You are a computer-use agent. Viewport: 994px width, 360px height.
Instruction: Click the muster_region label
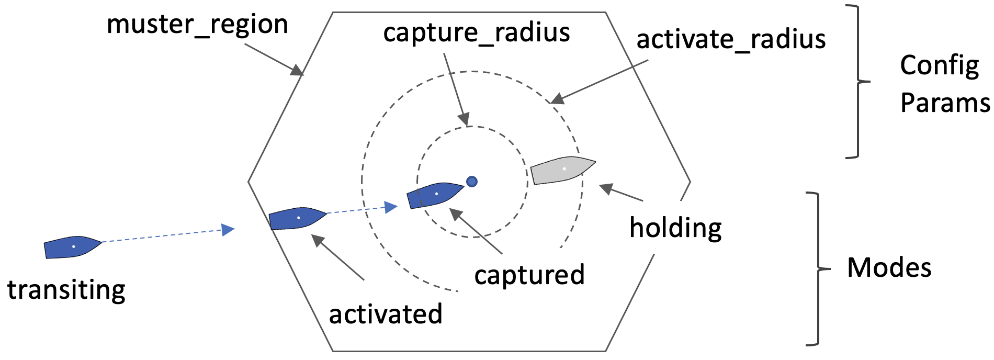pos(197,25)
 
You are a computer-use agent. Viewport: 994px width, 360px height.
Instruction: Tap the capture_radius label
pos(476,33)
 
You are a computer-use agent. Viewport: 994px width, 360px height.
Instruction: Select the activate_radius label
pos(731,40)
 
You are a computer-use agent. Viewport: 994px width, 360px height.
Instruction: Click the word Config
pos(939,66)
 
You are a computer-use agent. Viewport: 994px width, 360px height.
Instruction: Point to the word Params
pos(945,103)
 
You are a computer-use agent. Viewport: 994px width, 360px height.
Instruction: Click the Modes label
pos(889,267)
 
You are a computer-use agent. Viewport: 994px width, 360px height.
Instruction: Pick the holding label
pos(675,228)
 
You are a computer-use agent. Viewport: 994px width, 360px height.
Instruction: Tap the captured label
pos(529,275)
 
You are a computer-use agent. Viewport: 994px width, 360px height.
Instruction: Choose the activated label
pos(386,314)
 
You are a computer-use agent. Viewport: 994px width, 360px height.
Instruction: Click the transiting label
pos(66,290)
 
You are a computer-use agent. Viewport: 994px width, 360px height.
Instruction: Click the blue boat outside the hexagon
pos(72,246)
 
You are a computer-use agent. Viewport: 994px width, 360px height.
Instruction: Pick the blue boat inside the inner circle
pos(435,195)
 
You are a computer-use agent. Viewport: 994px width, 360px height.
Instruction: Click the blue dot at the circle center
pos(471,182)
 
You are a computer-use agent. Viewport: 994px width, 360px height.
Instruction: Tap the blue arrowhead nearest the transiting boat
pos(228,230)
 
